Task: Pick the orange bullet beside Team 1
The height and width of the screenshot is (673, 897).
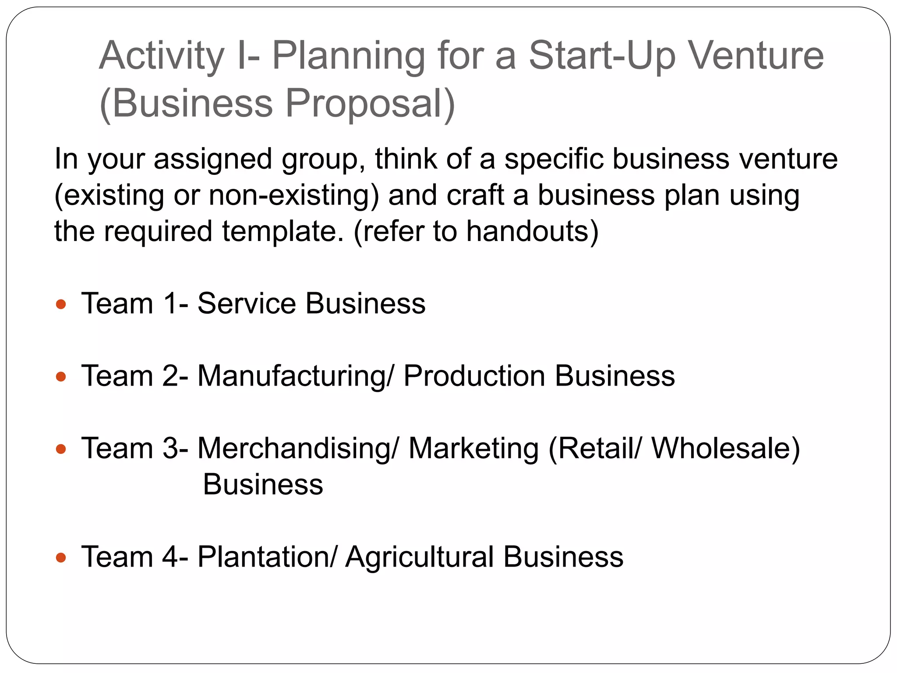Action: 61,304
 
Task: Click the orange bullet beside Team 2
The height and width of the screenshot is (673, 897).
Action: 61,376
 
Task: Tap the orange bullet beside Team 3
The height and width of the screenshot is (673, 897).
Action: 61,449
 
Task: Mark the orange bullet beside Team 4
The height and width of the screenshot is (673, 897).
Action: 61,557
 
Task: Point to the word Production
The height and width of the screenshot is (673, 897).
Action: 474,376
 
